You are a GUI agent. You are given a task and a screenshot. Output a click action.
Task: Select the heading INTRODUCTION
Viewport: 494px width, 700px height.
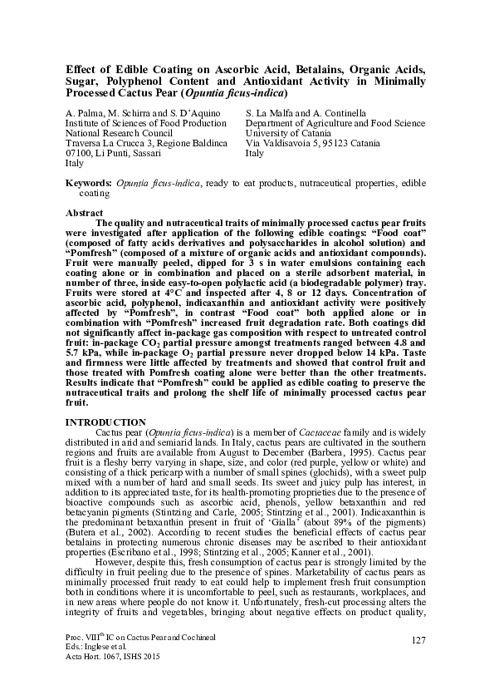pos(105,422)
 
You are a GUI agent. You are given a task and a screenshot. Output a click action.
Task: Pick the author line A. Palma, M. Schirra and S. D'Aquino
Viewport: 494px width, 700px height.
pos(137,111)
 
